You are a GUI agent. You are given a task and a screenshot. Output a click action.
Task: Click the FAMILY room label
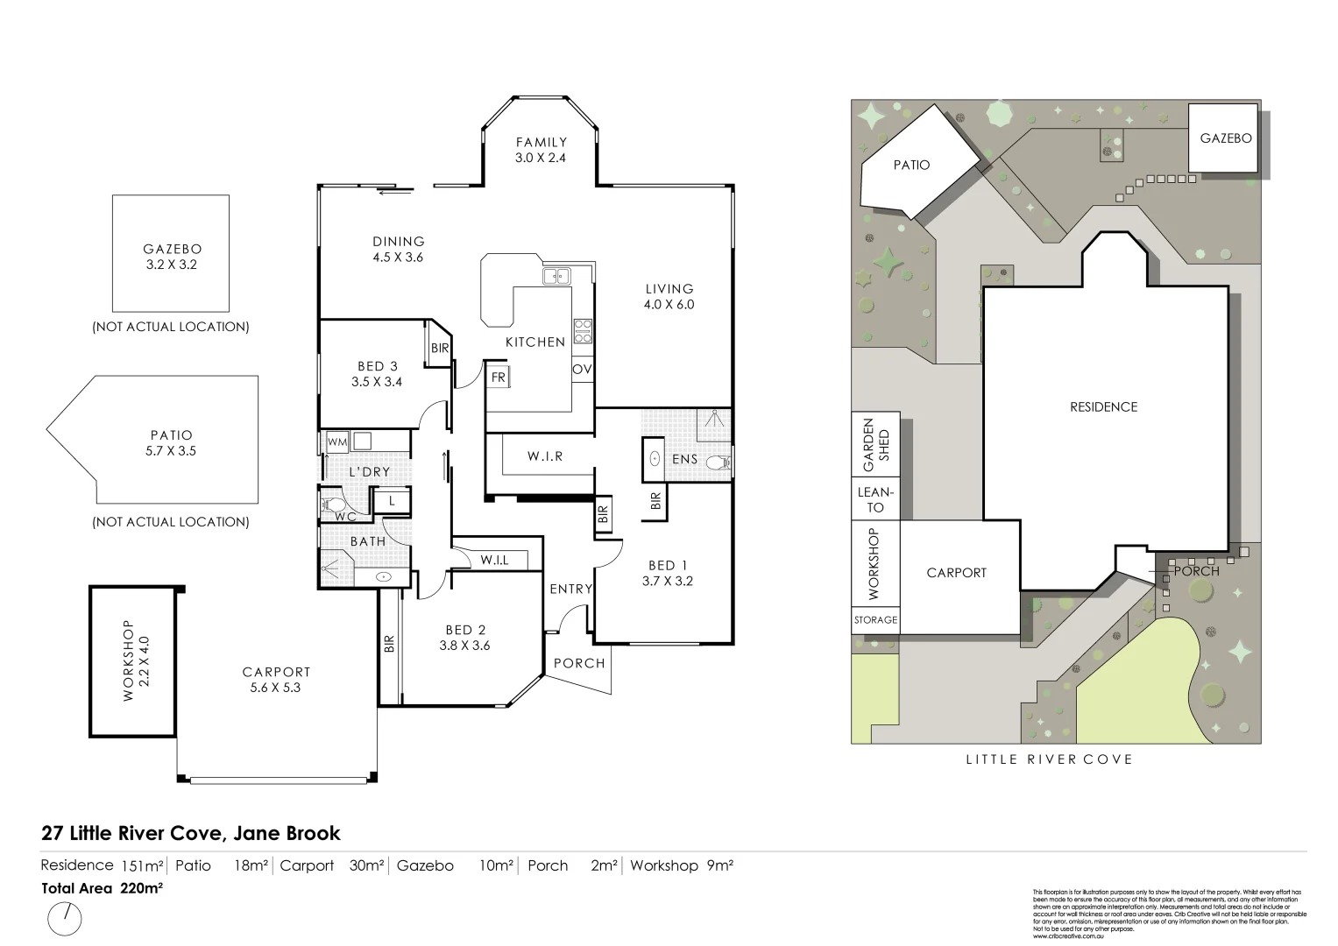pos(541,142)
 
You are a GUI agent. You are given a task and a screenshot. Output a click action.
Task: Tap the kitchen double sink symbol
pos(556,277)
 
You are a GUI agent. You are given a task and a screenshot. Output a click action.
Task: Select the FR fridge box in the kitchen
pos(499,378)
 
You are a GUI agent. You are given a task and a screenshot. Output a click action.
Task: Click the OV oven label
pos(582,370)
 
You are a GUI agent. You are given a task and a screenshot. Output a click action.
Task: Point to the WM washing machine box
pos(337,441)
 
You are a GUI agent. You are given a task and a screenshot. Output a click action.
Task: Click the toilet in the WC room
pos(334,505)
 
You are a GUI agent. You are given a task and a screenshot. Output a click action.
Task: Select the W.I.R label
pos(545,456)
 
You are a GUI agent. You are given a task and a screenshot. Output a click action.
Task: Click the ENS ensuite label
pos(684,459)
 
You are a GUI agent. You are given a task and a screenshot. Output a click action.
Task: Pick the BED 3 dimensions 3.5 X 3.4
pos(377,382)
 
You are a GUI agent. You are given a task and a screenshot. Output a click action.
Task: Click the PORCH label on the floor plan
pos(579,663)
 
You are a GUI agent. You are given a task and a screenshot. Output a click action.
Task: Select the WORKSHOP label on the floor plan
pos(128,660)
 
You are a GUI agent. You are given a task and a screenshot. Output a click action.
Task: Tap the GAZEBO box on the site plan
pos(1225,138)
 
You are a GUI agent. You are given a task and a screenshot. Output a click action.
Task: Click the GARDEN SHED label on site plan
pos(875,444)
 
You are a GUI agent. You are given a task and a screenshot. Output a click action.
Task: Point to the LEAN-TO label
pos(875,499)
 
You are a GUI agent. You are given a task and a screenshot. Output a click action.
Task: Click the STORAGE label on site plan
pos(875,619)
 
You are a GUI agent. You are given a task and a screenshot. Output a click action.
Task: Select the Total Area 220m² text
pos(102,887)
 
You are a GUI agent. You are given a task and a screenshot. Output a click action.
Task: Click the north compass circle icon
pos(65,919)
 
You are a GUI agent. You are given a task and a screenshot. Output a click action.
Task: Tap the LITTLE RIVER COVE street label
pos(1049,759)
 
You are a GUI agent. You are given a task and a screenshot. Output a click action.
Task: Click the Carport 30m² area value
pos(366,865)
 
